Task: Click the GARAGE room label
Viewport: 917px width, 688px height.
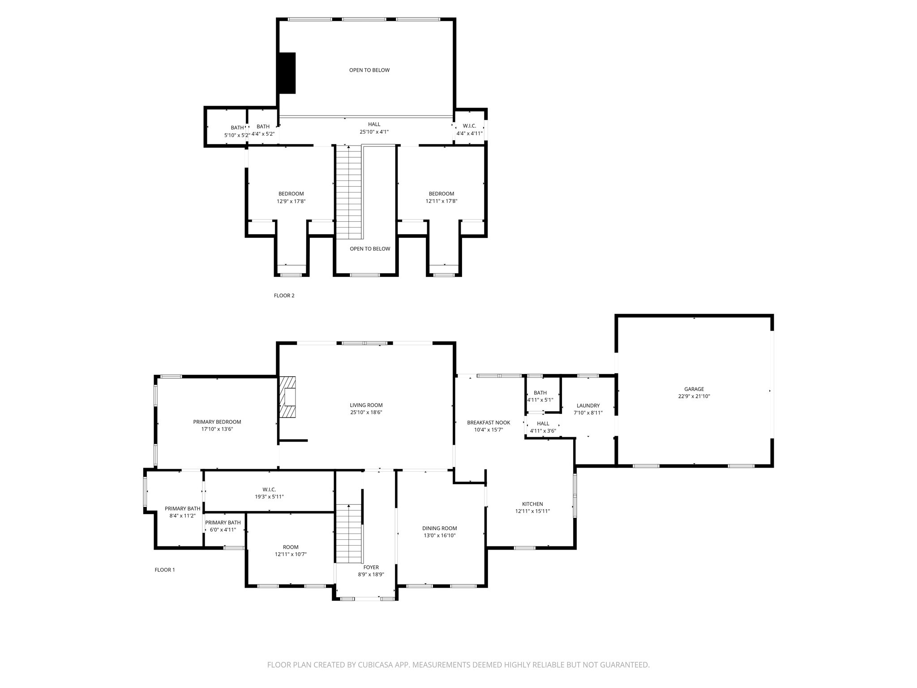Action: point(694,389)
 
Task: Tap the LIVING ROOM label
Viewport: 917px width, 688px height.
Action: point(366,405)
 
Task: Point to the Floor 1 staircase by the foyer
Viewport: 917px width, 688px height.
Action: point(349,533)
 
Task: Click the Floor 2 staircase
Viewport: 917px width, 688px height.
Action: point(348,193)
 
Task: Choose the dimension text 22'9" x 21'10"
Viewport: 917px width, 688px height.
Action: point(694,396)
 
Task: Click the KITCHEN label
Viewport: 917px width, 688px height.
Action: point(532,504)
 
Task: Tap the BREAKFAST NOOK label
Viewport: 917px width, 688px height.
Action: point(488,423)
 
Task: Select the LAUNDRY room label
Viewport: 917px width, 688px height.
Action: point(588,406)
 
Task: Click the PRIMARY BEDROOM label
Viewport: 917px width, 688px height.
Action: point(217,422)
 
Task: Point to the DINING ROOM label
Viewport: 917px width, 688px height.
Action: point(439,529)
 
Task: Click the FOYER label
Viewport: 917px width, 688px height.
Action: point(371,568)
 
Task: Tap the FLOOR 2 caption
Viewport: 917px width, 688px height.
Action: point(284,296)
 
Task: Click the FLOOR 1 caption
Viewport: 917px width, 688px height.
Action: point(164,570)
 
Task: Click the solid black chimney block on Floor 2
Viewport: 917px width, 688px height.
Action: point(287,73)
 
